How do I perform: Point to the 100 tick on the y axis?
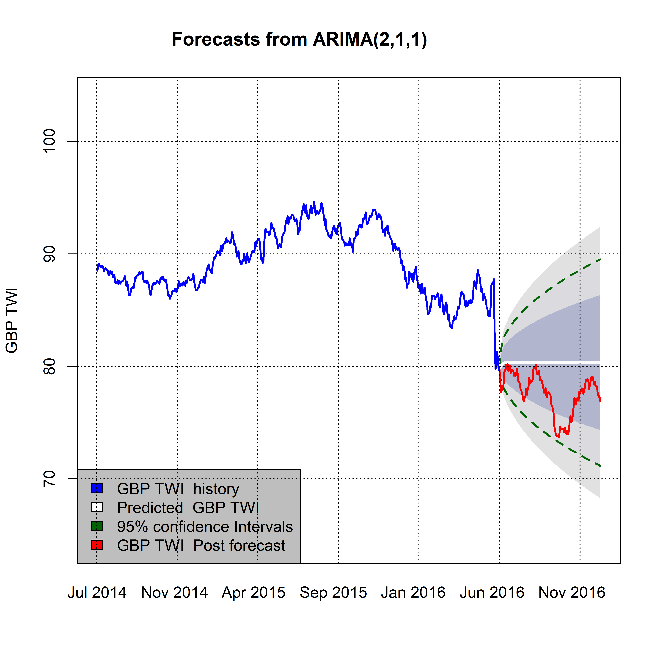[49, 141]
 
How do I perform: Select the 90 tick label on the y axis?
[49, 254]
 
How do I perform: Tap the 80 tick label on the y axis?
[49, 366]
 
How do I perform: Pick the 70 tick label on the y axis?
[49, 479]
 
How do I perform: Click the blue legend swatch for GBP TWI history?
[97, 489]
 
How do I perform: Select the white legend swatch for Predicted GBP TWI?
[97, 507]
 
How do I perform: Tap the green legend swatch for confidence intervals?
[97, 526]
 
